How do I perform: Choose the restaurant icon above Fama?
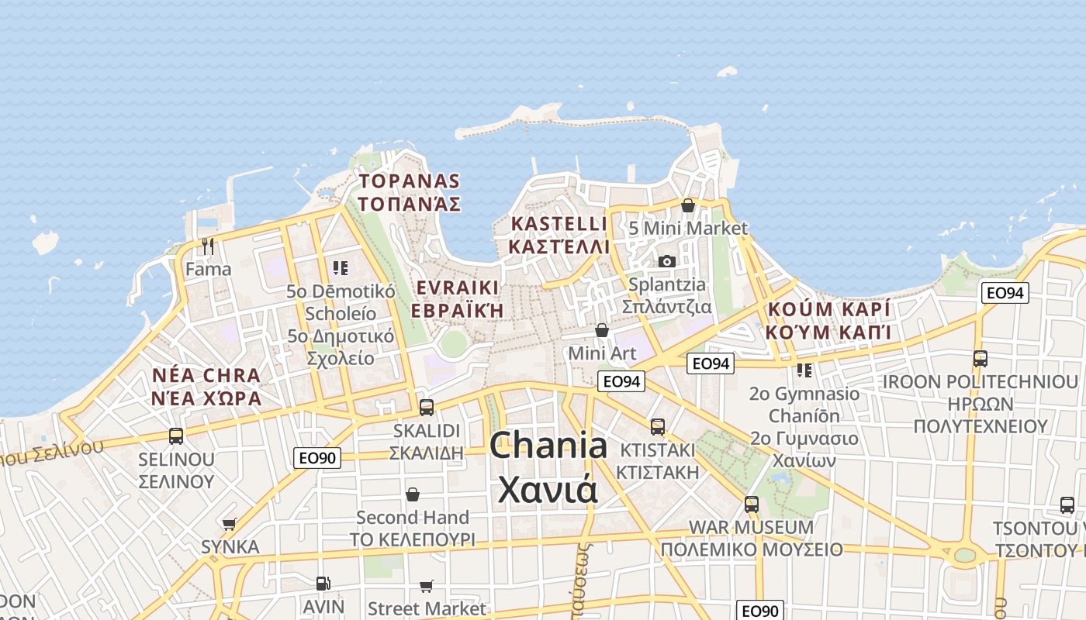207,246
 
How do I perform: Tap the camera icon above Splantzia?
667,261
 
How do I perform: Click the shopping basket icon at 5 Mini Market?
688,205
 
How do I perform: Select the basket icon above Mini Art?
602,331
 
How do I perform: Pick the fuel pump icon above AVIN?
323,584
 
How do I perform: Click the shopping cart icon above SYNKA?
230,525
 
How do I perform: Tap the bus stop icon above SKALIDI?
426,407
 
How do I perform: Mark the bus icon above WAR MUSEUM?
751,505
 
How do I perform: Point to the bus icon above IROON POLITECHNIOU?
980,359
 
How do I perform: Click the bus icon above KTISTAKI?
658,427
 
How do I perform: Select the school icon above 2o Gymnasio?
804,370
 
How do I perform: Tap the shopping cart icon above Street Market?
427,586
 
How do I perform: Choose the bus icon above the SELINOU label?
176,436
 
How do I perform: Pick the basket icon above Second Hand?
413,494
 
